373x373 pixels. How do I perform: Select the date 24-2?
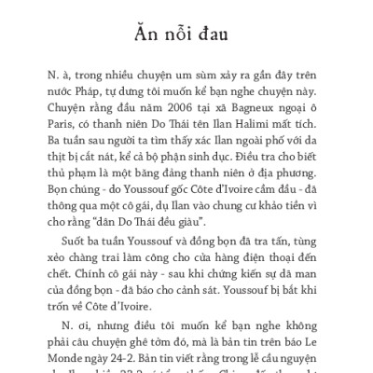[118, 354]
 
